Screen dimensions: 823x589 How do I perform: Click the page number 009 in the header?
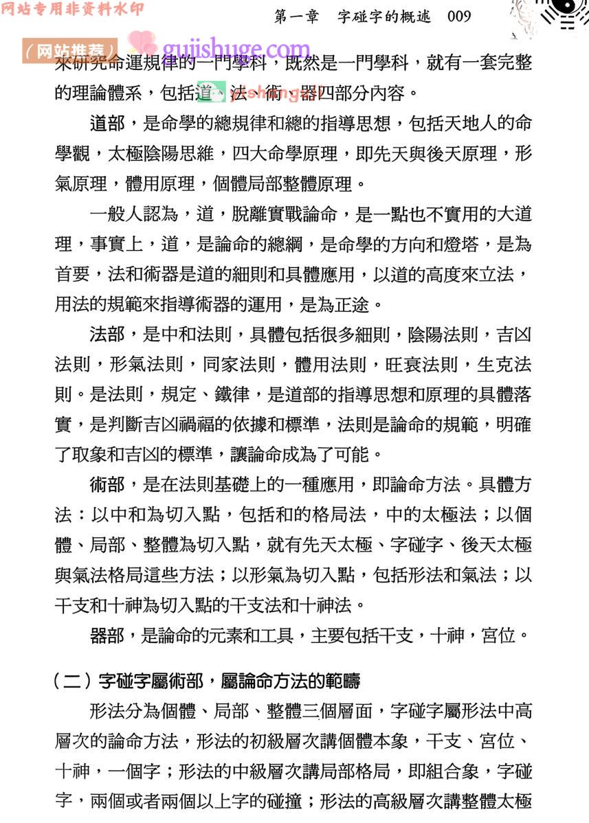(459, 16)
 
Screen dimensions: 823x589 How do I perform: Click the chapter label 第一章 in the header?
(296, 16)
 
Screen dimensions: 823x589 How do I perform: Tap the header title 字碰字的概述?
(384, 16)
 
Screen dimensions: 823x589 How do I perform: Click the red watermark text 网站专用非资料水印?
(72, 10)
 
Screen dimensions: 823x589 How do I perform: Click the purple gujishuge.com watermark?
(237, 49)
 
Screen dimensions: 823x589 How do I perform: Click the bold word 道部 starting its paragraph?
(107, 124)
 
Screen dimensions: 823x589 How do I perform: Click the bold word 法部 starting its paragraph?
(107, 335)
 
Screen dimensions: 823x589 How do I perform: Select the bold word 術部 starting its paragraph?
(107, 484)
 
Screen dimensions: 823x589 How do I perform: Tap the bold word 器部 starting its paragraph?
(107, 635)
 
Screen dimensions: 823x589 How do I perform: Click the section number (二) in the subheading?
(73, 681)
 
